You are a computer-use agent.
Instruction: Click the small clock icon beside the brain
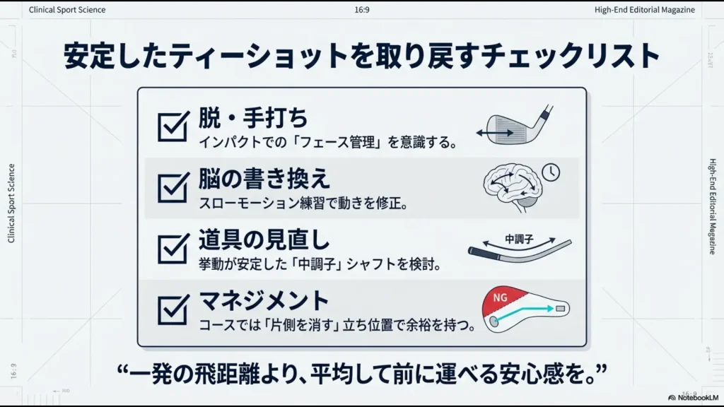550,172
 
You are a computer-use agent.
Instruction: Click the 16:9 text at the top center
361,10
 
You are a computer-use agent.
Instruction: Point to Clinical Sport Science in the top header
67,10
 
